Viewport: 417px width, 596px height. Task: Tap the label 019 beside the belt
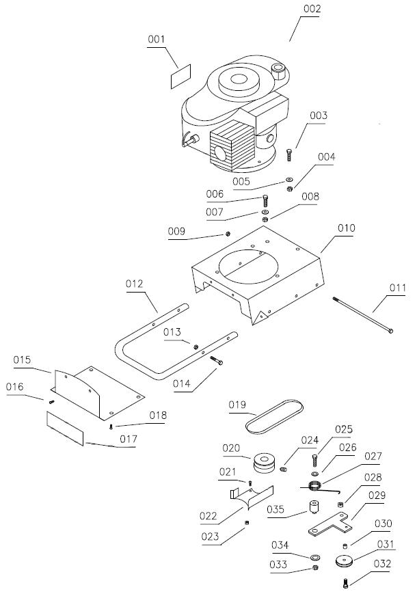coord(237,405)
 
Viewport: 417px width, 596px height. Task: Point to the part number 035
coord(276,509)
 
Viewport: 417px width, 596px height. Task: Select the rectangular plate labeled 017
coord(65,429)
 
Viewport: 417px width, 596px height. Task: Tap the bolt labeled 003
coord(289,154)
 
